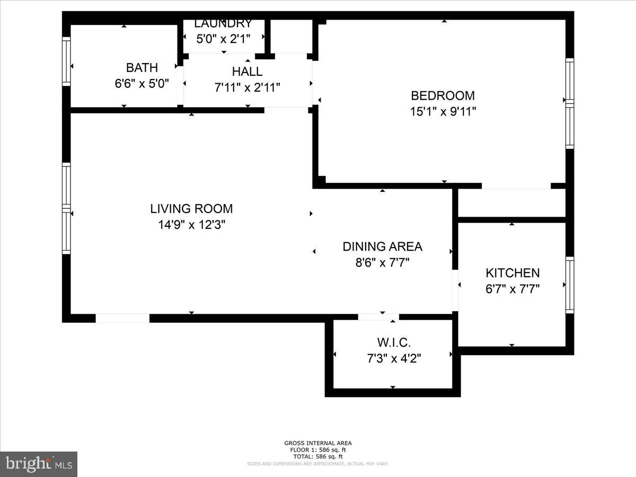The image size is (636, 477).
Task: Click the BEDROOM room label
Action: (443, 96)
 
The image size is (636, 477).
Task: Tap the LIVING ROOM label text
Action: (191, 209)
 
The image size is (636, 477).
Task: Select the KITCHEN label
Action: (513, 273)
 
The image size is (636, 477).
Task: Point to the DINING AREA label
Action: (382, 246)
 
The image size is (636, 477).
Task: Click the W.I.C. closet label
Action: (393, 342)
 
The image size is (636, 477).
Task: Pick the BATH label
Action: (142, 68)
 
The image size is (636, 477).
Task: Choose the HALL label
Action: (247, 72)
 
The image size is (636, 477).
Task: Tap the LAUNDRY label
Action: (223, 24)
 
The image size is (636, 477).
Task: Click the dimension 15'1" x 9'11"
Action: (443, 112)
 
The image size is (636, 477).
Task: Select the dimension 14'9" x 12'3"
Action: (191, 225)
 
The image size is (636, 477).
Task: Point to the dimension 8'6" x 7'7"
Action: (382, 262)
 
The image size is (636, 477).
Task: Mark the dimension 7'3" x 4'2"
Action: (393, 359)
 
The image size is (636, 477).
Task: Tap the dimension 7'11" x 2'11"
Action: (247, 87)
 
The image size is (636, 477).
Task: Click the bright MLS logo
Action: (39, 464)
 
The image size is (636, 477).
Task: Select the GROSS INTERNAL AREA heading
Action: (318, 443)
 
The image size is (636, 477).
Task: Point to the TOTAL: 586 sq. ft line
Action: (318, 456)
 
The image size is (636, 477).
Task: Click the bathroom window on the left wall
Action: (66, 61)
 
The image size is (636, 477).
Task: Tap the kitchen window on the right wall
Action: (570, 285)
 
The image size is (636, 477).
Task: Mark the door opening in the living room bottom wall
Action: (122, 318)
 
